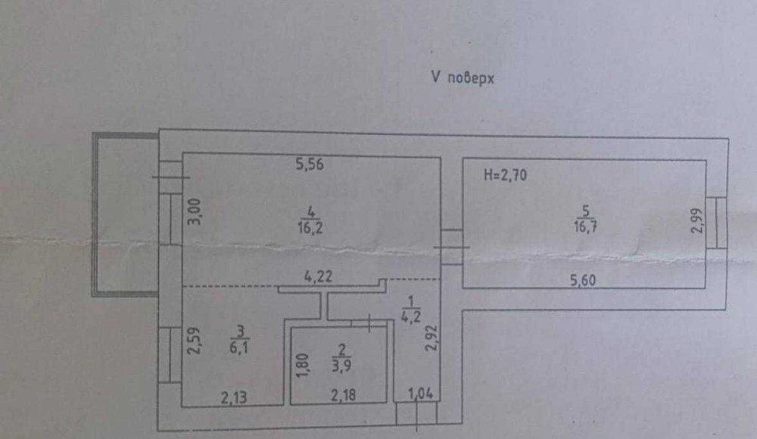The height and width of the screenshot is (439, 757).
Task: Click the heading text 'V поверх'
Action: coord(462,77)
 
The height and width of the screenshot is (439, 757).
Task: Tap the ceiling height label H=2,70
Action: coord(504,176)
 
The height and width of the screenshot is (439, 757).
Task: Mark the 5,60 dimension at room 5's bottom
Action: coord(584,279)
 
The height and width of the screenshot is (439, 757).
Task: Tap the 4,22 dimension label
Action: coord(320,278)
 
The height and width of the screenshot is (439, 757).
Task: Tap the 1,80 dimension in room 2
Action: coord(301,366)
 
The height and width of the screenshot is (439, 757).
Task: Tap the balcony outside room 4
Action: coord(125,214)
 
